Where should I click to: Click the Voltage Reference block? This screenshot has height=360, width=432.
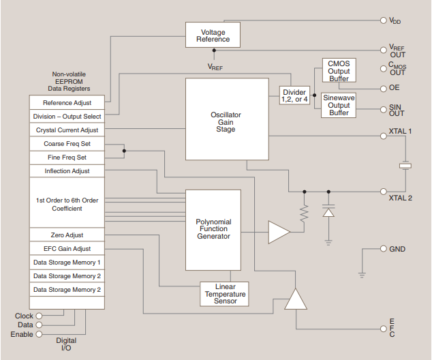point(213,35)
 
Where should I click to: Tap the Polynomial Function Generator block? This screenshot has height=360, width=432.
point(213,229)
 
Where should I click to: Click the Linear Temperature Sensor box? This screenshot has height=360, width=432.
point(225,295)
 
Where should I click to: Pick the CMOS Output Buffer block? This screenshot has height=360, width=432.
point(339,71)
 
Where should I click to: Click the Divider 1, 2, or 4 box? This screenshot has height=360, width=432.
point(294,95)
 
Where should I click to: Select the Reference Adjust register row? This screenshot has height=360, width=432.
point(67,103)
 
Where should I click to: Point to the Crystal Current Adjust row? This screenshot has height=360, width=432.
point(67,130)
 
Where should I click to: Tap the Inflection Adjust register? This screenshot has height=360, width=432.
point(67,171)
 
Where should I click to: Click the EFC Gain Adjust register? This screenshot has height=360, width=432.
point(67,249)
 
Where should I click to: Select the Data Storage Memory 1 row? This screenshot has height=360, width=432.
point(67,262)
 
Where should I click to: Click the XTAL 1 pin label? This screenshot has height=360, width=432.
point(400,131)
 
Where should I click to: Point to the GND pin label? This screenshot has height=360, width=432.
point(397,250)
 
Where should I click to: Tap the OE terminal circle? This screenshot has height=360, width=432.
point(384,89)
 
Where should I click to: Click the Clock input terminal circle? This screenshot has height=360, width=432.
point(39,316)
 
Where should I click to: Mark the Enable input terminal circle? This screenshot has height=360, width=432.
point(39,334)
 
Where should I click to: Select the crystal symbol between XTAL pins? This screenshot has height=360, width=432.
point(405,165)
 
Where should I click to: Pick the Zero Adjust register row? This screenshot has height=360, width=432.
point(67,235)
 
